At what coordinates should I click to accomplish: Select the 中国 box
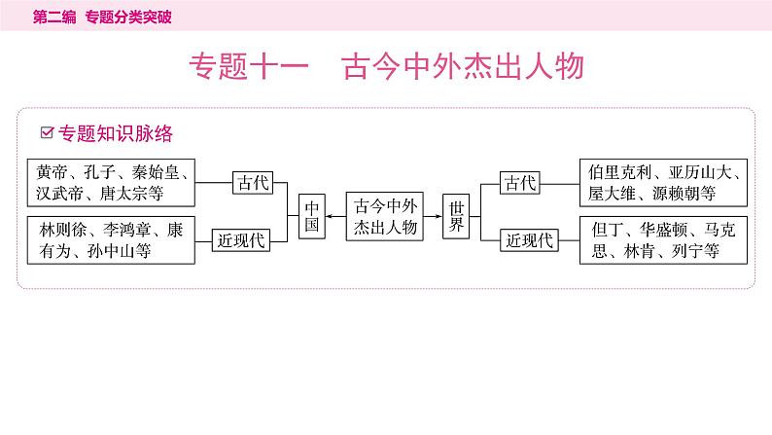coord(310,216)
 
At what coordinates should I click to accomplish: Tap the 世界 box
coord(457,216)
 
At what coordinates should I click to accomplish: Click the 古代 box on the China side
coord(255,182)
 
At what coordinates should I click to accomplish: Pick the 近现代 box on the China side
coord(242,240)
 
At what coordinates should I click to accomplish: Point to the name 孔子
coord(101,172)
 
